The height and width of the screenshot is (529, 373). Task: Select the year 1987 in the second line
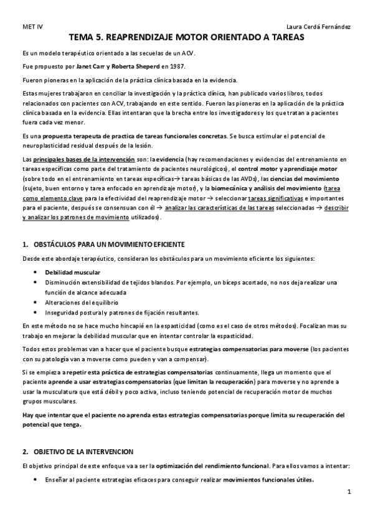click(x=176, y=66)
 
